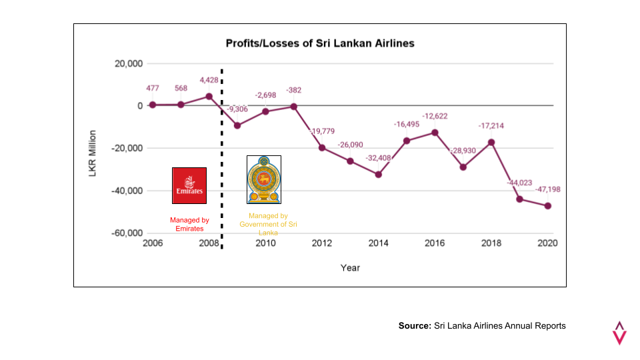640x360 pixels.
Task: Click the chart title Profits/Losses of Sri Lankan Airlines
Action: [320, 43]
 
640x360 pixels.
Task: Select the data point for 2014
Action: [379, 174]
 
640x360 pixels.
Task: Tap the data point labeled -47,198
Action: [548, 206]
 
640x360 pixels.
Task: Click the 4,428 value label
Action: [209, 80]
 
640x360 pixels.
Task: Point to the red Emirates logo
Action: [189, 185]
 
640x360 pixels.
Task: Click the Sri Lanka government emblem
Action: [264, 179]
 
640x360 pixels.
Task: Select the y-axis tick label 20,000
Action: [129, 64]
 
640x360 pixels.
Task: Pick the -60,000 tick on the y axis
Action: [127, 233]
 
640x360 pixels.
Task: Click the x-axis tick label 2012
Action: [322, 243]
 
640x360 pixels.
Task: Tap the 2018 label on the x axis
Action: [491, 243]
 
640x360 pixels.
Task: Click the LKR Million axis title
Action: [93, 153]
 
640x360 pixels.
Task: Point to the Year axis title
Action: [350, 268]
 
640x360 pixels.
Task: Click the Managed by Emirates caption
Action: [189, 224]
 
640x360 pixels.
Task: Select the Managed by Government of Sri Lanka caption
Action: [268, 224]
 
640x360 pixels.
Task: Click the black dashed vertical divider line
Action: [221, 159]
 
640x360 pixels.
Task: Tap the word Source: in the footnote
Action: [415, 326]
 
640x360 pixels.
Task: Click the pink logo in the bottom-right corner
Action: [619, 333]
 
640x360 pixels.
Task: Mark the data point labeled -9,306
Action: [237, 125]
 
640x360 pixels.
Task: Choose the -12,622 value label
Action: [435, 116]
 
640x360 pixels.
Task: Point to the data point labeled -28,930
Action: [463, 167]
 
